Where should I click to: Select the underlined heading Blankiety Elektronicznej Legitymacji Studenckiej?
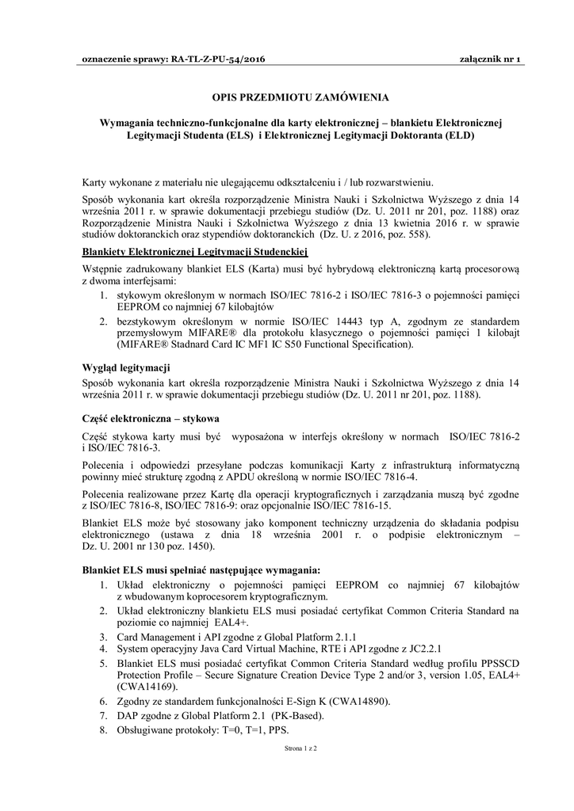(194, 252)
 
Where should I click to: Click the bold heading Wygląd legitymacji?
(125, 367)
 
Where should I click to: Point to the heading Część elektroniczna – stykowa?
(151, 417)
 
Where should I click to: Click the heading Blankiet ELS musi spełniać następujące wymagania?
(201, 569)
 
